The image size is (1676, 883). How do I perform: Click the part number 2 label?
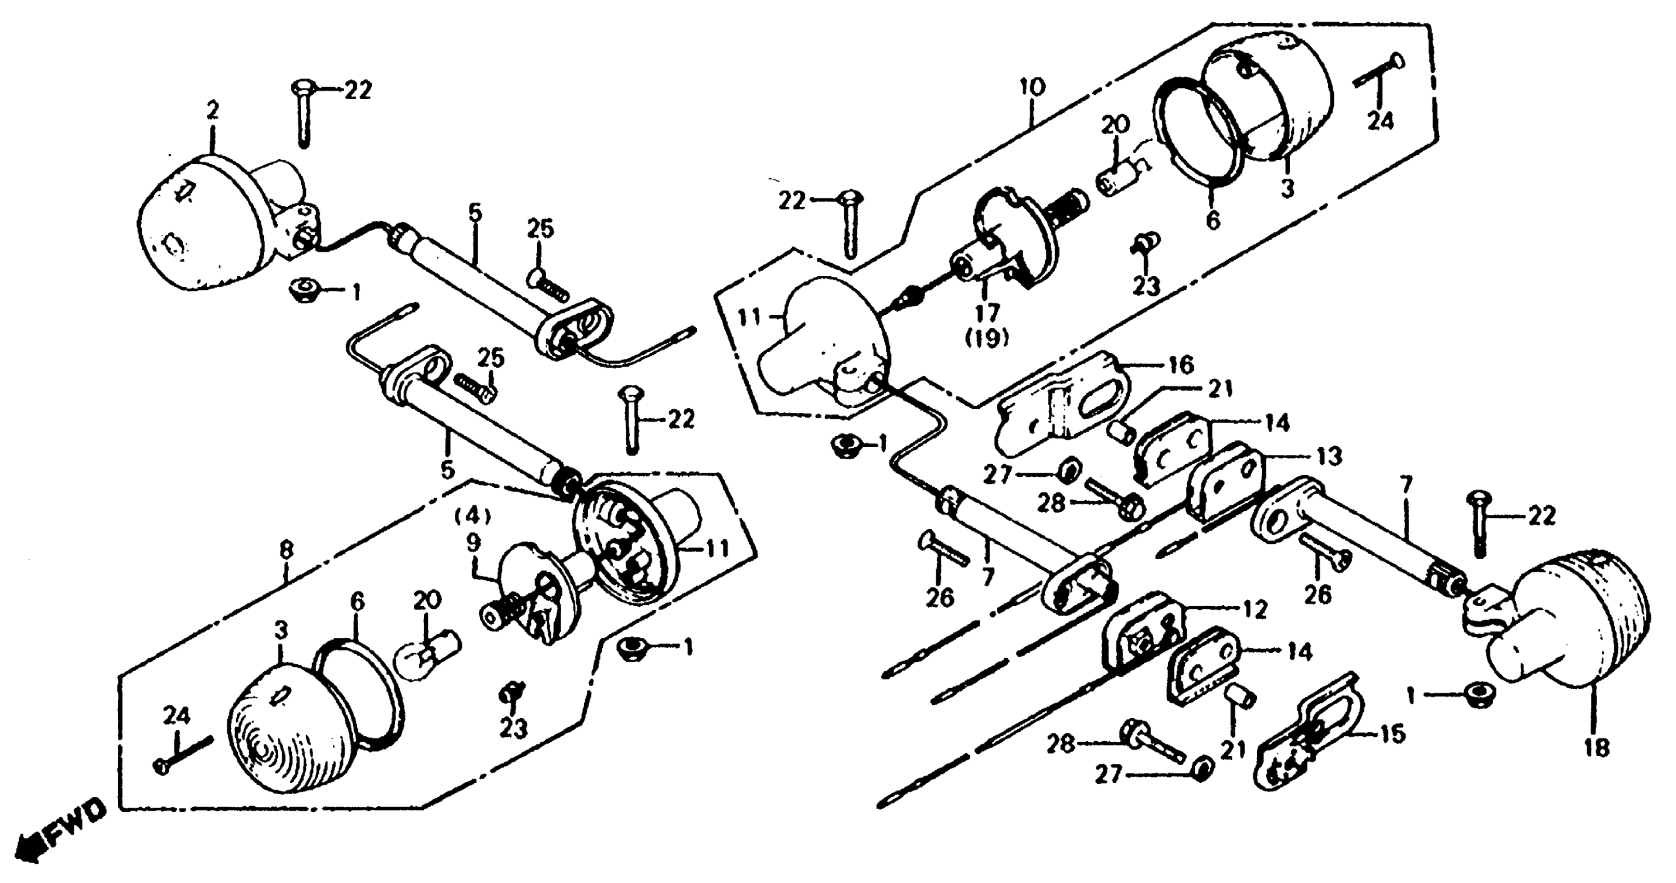pyautogui.click(x=213, y=111)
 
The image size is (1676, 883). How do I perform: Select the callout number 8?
pyautogui.click(x=286, y=551)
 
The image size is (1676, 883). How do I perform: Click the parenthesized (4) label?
pyautogui.click(x=472, y=517)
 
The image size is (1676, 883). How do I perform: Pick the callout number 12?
pyautogui.click(x=1254, y=609)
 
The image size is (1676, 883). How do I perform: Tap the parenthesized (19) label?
pyautogui.click(x=987, y=338)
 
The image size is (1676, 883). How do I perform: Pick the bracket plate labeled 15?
pyautogui.click(x=1308, y=745)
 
